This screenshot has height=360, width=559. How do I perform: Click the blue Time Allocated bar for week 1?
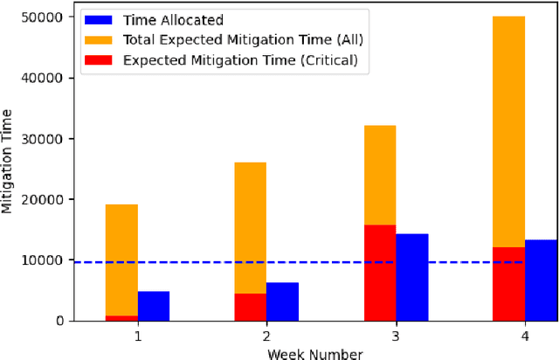click(x=154, y=306)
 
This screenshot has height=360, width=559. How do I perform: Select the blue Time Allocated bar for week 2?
click(x=282, y=301)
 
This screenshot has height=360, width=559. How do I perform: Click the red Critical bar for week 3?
click(x=379, y=273)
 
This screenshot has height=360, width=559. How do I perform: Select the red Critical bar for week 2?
click(x=250, y=307)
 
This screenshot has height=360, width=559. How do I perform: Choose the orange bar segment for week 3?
click(x=379, y=175)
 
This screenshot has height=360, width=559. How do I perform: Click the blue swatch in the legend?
click(x=99, y=19)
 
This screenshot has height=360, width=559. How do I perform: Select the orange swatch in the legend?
click(x=99, y=39)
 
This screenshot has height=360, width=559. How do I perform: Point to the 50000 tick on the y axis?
click(x=45, y=17)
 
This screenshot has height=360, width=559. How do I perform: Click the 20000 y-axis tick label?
click(x=45, y=199)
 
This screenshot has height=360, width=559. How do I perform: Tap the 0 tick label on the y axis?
click(x=59, y=321)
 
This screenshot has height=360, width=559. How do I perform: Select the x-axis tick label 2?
click(x=266, y=336)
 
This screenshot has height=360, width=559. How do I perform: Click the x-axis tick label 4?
click(x=524, y=336)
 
